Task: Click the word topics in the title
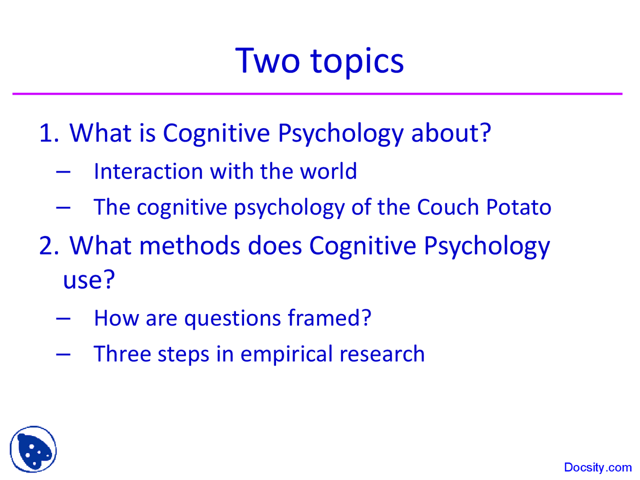[356, 61]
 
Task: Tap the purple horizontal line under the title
[317, 93]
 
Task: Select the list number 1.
[48, 133]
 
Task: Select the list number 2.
[48, 246]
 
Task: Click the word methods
[189, 246]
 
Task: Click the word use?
[88, 279]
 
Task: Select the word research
[382, 354]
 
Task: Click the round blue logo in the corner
[33, 449]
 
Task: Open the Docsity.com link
[597, 467]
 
